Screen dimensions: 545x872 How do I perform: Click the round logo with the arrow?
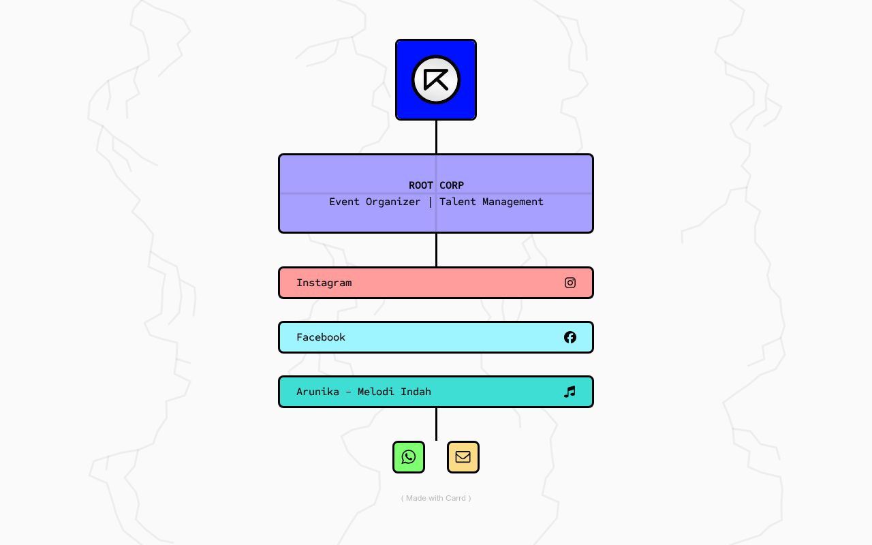(436, 80)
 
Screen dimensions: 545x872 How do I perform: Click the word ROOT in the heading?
(421, 185)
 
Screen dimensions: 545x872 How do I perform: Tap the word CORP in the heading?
(452, 185)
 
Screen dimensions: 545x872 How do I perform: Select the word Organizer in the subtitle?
(393, 202)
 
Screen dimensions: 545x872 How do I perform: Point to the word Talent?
(458, 202)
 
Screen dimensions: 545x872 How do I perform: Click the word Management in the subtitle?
(513, 202)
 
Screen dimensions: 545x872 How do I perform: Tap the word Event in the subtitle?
(344, 202)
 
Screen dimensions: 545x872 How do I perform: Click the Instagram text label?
(324, 283)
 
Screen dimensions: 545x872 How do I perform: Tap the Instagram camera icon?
(570, 283)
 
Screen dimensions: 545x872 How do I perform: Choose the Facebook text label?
(321, 337)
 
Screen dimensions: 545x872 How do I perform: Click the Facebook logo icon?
(570, 337)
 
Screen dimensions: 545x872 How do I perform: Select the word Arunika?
(317, 392)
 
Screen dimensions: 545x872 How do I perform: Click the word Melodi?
(375, 392)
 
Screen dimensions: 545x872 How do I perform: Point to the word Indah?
(416, 392)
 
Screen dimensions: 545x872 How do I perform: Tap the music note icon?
(570, 392)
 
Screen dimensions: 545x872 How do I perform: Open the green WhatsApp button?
(409, 457)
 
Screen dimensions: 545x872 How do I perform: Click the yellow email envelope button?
(463, 457)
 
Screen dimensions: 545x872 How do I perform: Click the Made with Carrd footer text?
(436, 498)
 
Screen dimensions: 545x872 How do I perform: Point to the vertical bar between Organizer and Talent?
(430, 202)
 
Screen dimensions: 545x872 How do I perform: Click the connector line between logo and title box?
(436, 137)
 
